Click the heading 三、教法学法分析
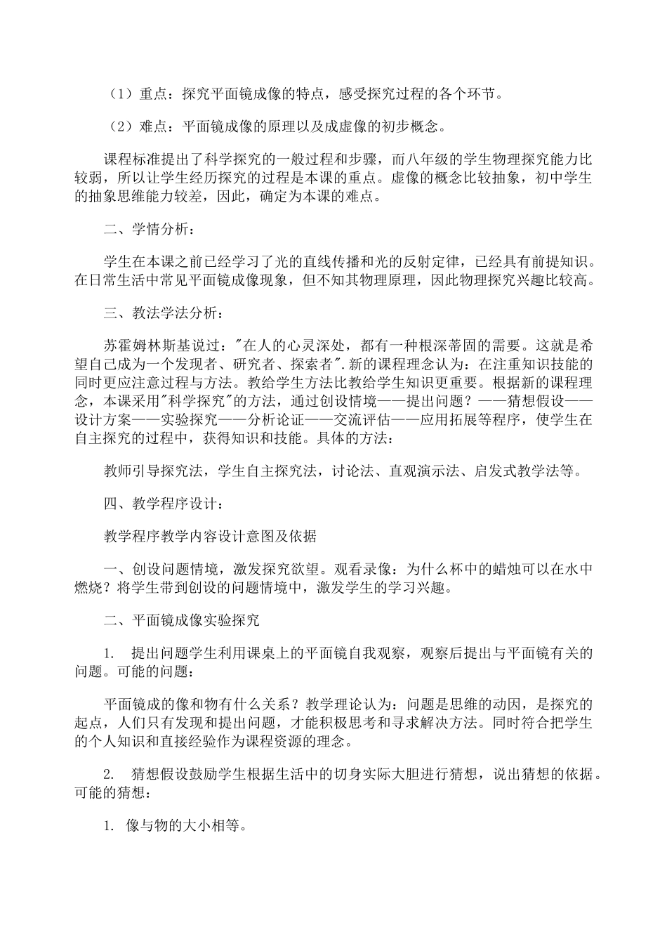coord(160,313)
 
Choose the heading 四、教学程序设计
coord(160,504)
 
